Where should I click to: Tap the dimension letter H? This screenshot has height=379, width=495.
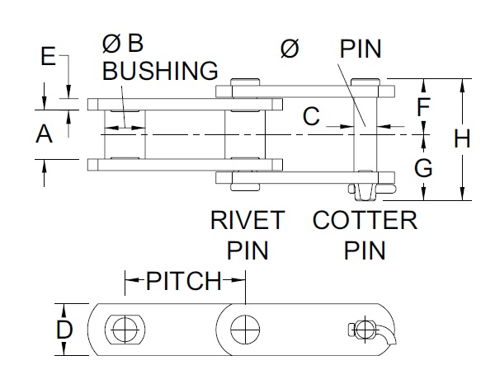pos(462,139)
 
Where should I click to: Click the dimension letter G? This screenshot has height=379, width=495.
pos(422,169)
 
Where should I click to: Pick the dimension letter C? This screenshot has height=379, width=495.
pos(310,118)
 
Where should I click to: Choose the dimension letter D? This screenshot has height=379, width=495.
pos(64,330)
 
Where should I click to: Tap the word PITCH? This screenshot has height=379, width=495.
pos(184,282)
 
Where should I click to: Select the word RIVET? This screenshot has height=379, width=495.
pos(247,221)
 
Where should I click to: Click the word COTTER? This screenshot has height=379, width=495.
pos(365,221)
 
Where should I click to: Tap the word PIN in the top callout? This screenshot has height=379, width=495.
pos(360,49)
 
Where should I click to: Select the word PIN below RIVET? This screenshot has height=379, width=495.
pos(247,250)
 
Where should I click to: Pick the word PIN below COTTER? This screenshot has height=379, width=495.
pos(365,250)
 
